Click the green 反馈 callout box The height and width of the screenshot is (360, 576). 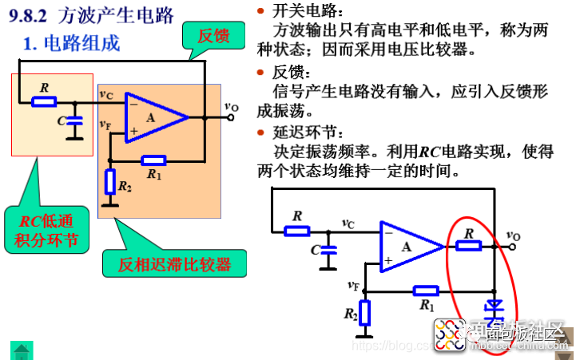(214, 35)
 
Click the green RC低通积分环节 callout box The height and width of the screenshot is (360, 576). (54, 230)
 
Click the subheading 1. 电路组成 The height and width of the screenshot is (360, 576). (72, 43)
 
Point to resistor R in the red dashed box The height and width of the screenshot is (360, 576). (44, 101)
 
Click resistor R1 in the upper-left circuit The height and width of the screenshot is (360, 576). (153, 160)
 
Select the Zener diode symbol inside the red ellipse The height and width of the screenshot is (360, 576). (495, 306)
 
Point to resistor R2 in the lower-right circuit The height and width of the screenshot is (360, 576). (365, 314)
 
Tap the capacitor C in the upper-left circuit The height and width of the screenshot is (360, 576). (74, 122)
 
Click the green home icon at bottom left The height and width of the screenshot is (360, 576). (22, 349)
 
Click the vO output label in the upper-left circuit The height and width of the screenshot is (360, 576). (230, 105)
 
